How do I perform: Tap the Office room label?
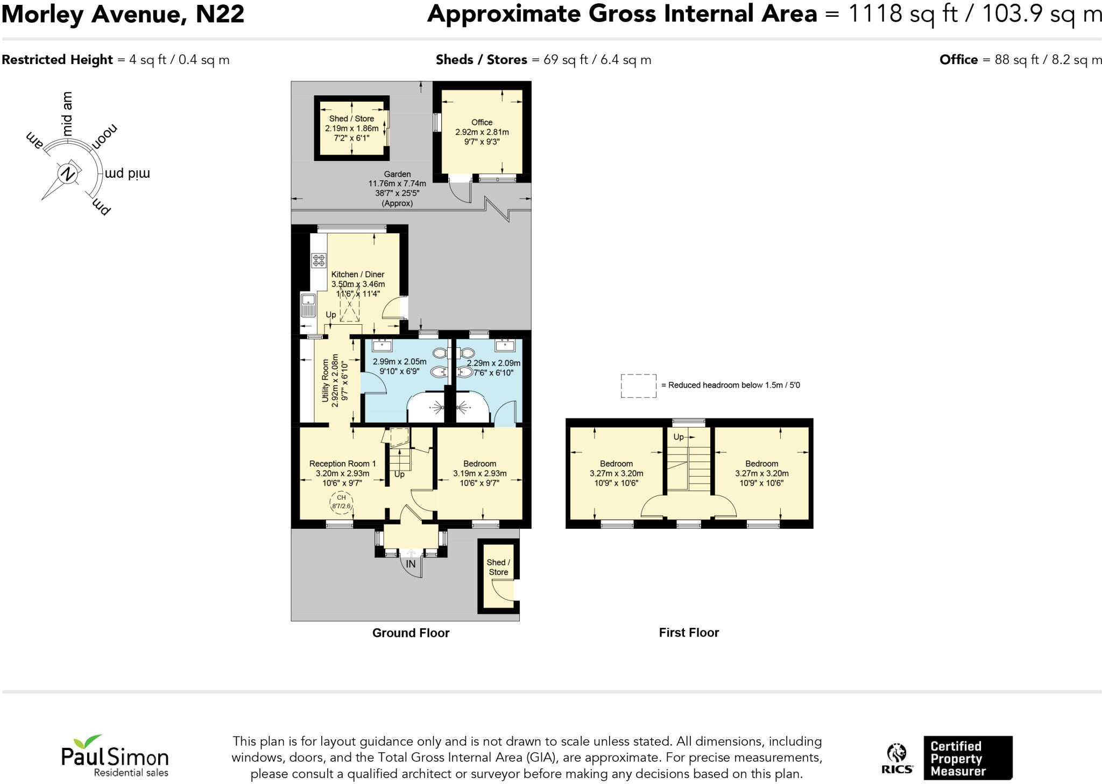482,123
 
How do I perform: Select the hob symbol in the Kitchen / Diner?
319,261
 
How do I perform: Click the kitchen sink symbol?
308,305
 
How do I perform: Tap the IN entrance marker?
411,564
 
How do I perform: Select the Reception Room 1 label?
342,464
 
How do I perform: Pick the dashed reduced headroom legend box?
638,386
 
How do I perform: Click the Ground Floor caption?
411,633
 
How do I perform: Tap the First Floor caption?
689,633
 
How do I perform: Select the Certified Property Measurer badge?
967,758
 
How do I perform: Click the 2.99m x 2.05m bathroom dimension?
399,362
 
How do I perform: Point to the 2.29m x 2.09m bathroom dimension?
493,363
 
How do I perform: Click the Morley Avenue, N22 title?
123,14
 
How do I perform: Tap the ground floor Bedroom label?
479,464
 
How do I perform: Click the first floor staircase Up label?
679,437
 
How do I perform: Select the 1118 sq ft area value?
902,14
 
